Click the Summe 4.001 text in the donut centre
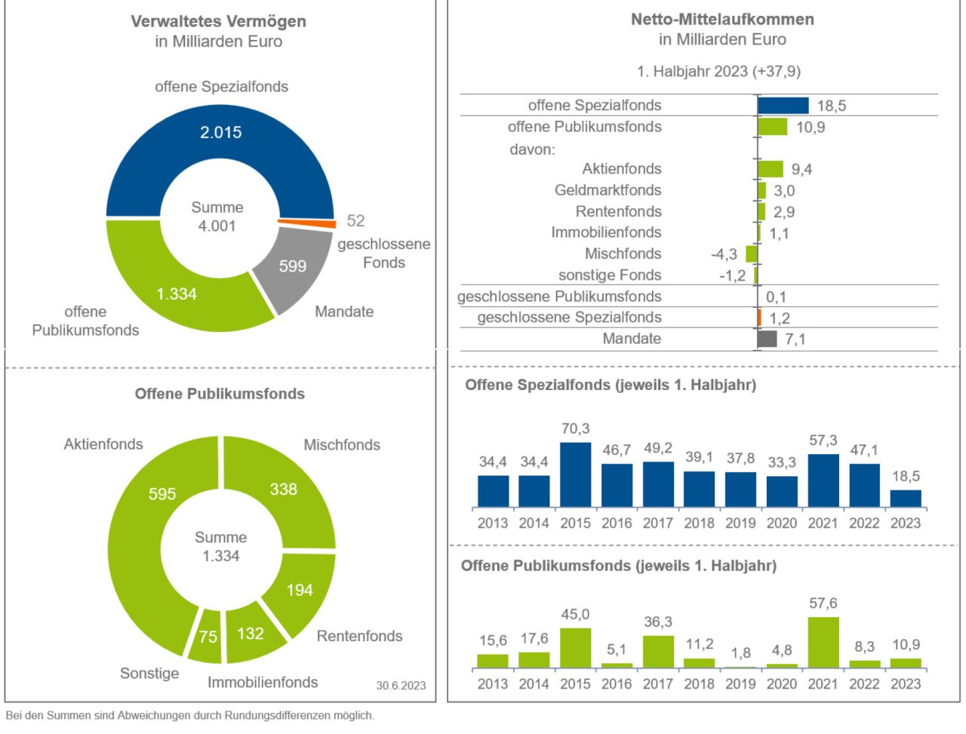217,217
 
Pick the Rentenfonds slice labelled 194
300,590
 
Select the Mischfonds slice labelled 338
283,490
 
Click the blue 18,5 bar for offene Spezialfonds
783,106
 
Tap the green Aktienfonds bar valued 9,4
771,169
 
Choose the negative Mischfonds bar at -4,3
752,254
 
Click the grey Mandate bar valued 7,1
767,339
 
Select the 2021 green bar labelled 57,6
823,643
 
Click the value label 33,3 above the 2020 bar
782,462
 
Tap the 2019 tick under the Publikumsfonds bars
740,683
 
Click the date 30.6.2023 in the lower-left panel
401,686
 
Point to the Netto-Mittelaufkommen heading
722,20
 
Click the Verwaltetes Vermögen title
218,21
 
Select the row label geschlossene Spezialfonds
569,318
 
